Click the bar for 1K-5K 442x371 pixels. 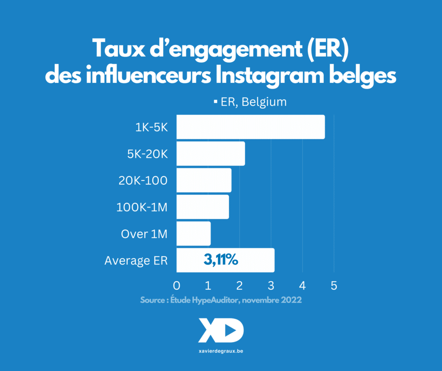click(250, 127)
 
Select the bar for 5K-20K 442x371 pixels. click(211, 154)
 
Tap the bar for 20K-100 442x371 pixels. click(204, 180)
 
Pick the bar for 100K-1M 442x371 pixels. click(202, 207)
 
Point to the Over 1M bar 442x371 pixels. click(193, 234)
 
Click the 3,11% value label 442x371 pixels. click(221, 260)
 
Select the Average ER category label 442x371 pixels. click(136, 261)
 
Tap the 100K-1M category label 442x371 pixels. click(142, 208)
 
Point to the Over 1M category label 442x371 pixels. click(144, 234)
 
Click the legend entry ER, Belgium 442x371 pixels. click(250, 102)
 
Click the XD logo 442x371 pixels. click(221, 331)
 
